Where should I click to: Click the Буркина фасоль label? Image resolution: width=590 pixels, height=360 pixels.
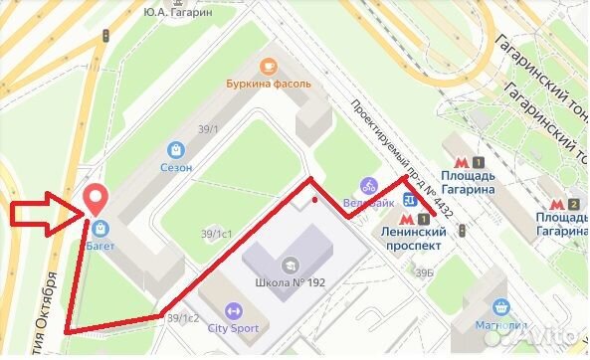268,85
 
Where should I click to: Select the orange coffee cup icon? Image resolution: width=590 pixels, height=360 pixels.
267,66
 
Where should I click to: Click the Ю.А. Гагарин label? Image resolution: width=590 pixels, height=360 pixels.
178,13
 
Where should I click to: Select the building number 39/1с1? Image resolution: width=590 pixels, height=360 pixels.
217,234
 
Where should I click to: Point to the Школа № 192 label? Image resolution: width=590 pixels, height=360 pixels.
291,281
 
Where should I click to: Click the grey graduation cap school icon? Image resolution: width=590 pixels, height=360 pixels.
291,265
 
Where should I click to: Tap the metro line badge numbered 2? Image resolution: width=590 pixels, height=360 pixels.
574,180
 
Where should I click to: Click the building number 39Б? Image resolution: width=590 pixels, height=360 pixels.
426,272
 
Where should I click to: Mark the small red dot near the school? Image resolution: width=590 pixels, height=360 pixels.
315,199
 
